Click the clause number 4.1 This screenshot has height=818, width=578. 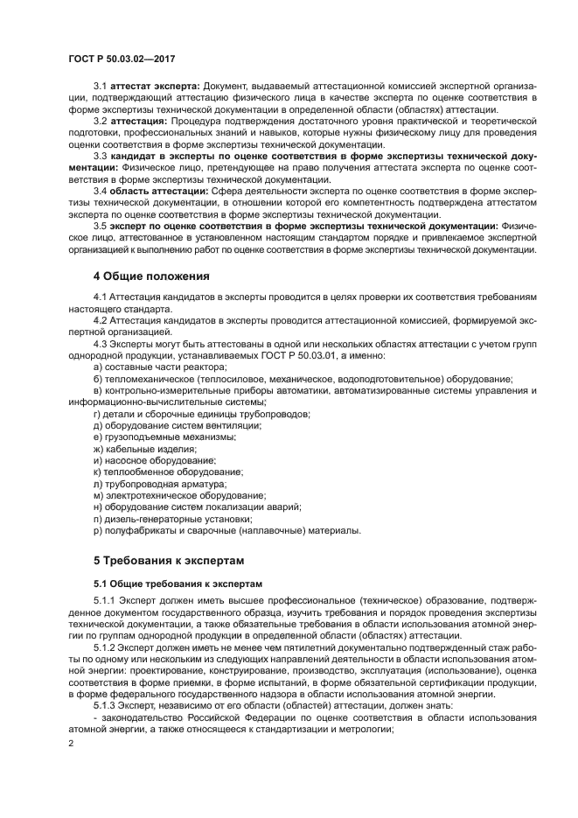100,298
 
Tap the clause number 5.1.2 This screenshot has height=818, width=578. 104,647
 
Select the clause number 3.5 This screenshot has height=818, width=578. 100,225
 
